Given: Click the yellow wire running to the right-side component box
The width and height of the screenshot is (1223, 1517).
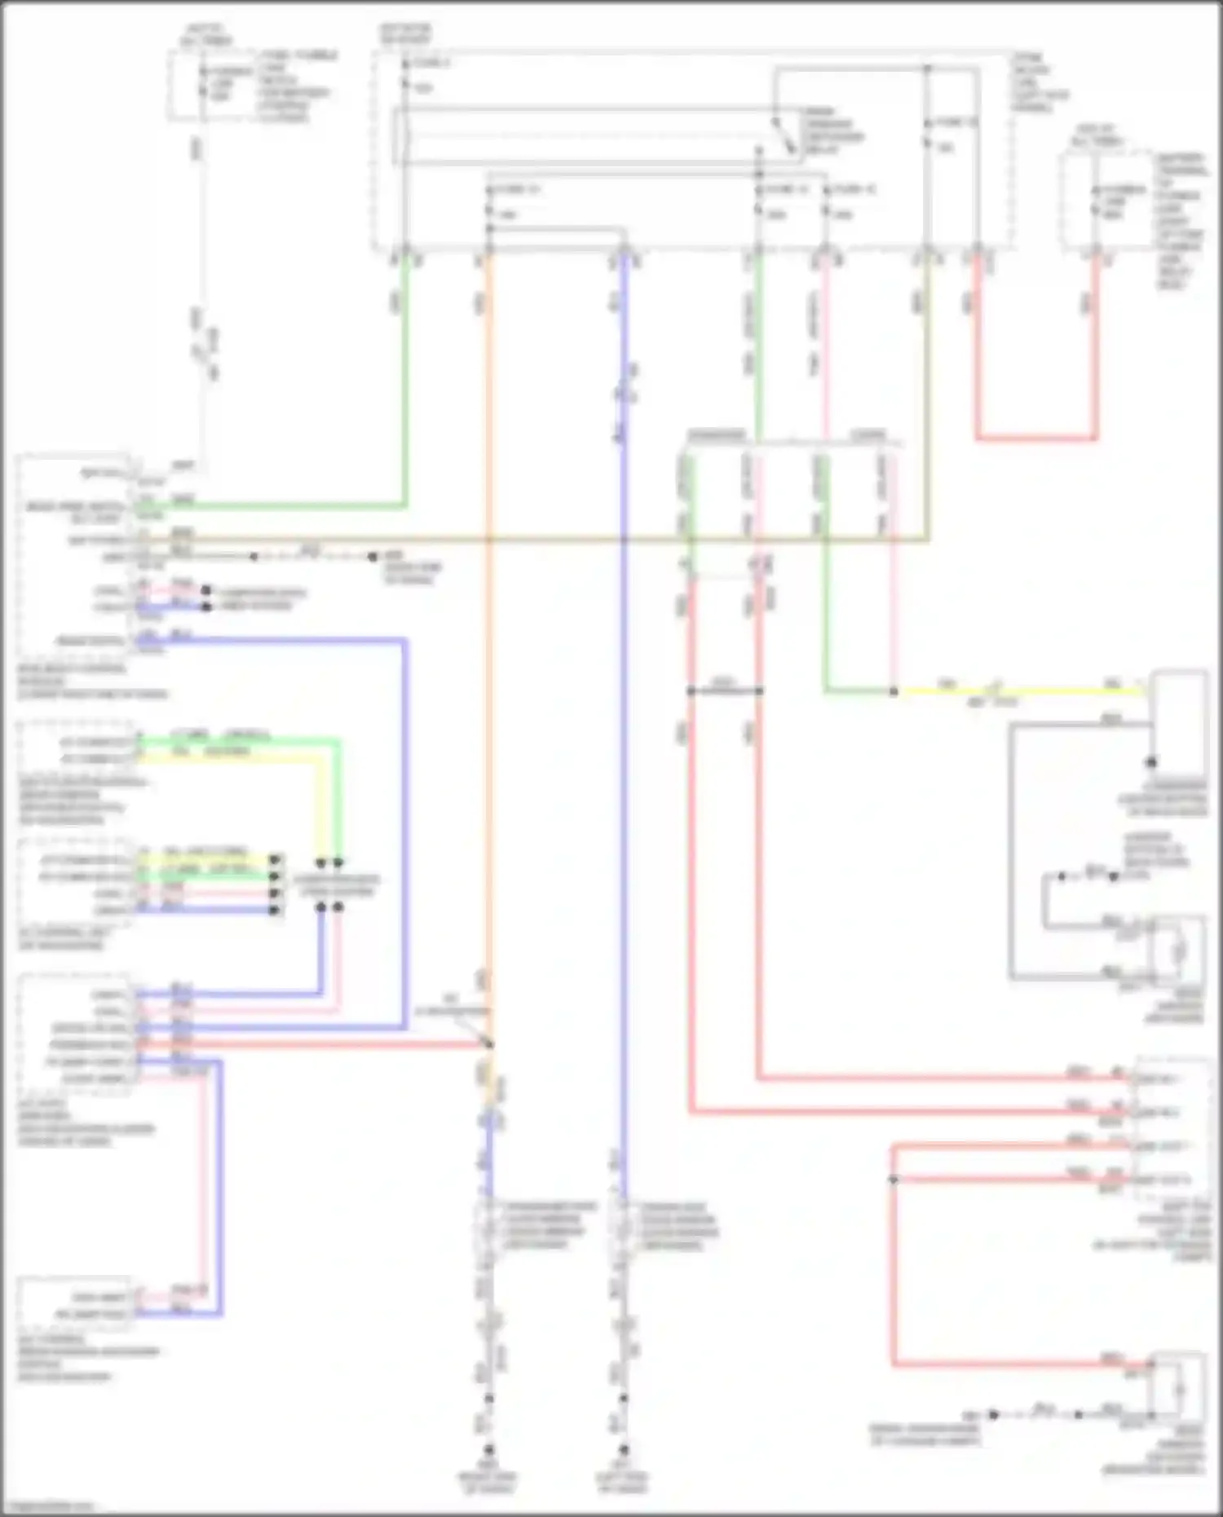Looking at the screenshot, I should coord(1019,691).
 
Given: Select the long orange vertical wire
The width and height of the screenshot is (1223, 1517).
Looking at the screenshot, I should coord(488,652).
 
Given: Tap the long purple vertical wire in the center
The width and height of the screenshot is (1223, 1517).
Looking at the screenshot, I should coord(624,734).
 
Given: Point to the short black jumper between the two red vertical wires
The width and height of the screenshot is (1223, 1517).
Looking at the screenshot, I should coord(724,691).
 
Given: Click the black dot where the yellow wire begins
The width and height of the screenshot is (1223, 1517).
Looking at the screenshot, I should coord(894,691).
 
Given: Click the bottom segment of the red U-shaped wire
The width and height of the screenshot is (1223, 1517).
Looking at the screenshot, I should coord(1035,439).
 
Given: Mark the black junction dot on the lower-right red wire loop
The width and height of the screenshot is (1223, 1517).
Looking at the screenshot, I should coord(894,1180).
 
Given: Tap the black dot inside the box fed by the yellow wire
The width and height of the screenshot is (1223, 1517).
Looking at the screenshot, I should coord(1151,762).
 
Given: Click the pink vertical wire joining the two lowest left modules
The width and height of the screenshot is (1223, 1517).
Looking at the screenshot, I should coord(202,1182).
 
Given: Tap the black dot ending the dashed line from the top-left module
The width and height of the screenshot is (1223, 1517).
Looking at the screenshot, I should coord(373,557).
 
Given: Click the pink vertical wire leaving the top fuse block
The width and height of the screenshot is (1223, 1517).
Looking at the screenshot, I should coord(824,342).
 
